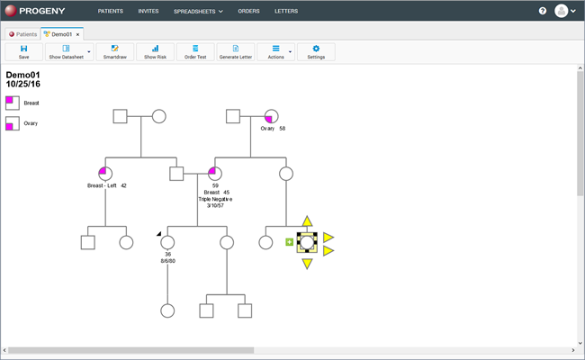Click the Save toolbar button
[24, 52]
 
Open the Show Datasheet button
[66, 52]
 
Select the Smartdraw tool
[115, 52]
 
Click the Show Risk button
[155, 52]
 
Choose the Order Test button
[195, 52]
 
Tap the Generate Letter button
[236, 52]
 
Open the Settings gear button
[316, 52]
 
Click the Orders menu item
[248, 11]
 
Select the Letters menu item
[286, 11]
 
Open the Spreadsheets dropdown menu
[198, 12]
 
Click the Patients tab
[22, 34]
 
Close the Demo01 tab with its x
[77, 34]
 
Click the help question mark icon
[543, 11]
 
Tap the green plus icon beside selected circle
[289, 242]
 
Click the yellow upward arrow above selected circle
[307, 221]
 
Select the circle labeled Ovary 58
[271, 116]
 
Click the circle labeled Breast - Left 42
[105, 174]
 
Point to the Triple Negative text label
[215, 199]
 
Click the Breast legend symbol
[13, 103]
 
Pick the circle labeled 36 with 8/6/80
[167, 242]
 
